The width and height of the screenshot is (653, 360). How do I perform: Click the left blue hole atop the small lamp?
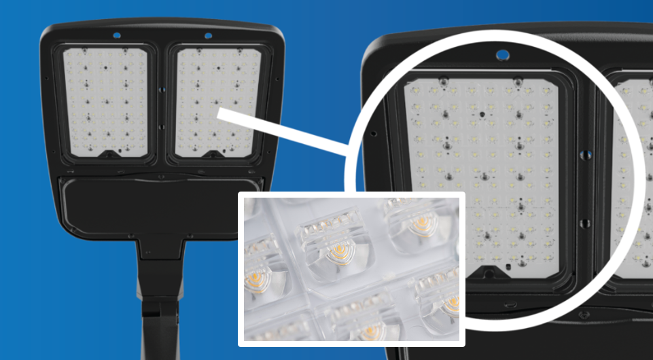pos(117,35)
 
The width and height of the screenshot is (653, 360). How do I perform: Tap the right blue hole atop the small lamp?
pos(208,35)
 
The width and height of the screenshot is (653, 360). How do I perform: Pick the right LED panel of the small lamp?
pos(218,98)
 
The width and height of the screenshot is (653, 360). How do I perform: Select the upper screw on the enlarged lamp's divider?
pos(584,156)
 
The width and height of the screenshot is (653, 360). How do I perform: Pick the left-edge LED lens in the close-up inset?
pos(261,258)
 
